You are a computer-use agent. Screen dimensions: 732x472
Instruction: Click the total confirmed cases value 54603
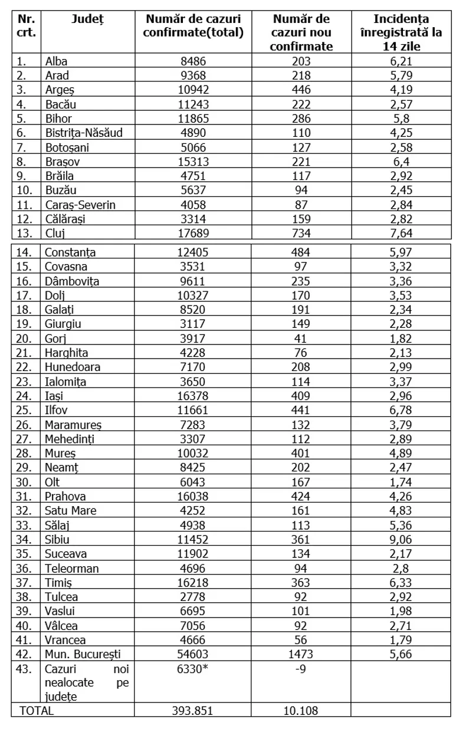pyautogui.click(x=192, y=654)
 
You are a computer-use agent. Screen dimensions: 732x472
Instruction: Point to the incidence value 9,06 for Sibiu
pyautogui.click(x=401, y=539)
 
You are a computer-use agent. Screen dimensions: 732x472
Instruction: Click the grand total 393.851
pyautogui.click(x=192, y=711)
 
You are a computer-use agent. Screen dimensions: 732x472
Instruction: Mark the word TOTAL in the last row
pyautogui.click(x=37, y=711)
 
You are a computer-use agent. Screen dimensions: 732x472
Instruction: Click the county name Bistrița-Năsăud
pyautogui.click(x=84, y=132)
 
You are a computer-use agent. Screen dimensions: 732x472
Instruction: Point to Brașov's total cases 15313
pyautogui.click(x=192, y=161)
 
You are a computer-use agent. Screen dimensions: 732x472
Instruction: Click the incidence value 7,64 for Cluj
pyautogui.click(x=401, y=232)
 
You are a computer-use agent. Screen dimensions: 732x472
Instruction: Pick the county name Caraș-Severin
pyautogui.click(x=80, y=204)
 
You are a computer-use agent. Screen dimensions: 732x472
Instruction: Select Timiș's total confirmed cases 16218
pyautogui.click(x=192, y=596)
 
